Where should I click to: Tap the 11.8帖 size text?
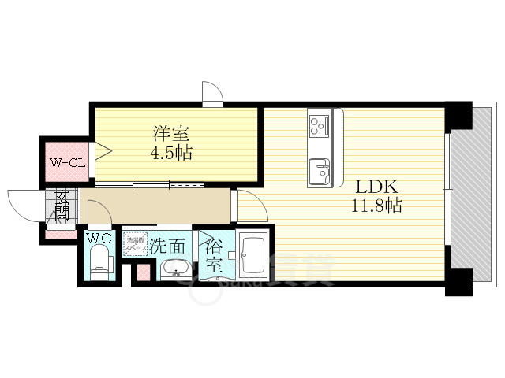click(377, 207)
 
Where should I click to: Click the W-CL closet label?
click(66, 164)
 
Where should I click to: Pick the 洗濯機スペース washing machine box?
click(136, 245)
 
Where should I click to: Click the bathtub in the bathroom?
click(254, 255)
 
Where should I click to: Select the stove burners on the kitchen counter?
click(320, 124)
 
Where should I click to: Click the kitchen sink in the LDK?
click(320, 169)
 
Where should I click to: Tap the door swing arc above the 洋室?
click(211, 94)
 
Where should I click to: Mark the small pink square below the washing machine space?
click(143, 273)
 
